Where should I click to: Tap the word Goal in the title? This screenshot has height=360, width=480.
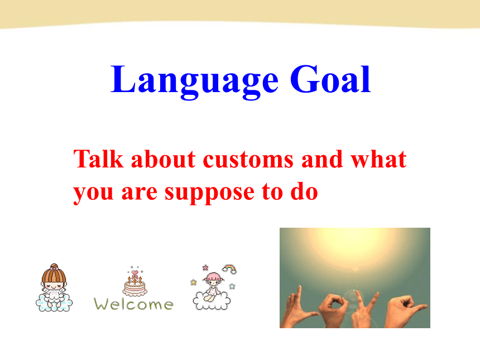[x=330, y=79]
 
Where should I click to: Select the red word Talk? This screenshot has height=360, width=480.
[x=99, y=159]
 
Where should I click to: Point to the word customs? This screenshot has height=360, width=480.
[x=248, y=160]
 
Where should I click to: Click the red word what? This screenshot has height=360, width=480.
[x=378, y=159]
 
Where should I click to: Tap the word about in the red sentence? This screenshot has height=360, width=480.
[x=164, y=159]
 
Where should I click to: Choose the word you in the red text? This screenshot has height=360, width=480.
[x=93, y=194]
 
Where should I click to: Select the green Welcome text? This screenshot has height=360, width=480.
[x=133, y=304]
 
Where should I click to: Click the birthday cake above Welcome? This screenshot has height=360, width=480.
[x=135, y=282]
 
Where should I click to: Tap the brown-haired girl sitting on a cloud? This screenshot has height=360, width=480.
[x=54, y=288]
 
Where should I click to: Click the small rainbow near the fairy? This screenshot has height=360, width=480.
[x=229, y=269]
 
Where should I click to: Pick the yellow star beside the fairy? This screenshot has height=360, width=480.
[x=194, y=282]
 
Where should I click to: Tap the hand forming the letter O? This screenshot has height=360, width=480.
[x=333, y=310]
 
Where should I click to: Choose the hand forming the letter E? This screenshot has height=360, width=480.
[x=404, y=311]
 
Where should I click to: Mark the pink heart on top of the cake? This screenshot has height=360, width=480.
[x=135, y=272]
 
